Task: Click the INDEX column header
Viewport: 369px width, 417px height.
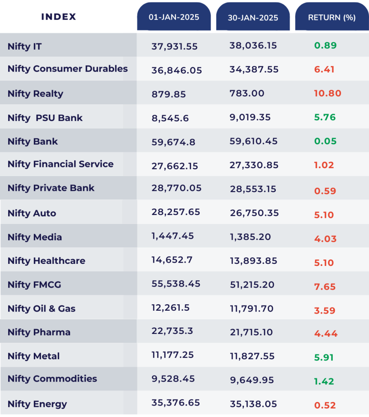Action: [x=59, y=17]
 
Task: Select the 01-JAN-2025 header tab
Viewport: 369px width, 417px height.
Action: [x=174, y=17]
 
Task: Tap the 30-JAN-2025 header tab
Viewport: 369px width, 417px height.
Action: [x=253, y=18]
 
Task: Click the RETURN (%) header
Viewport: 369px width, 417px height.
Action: [x=332, y=18]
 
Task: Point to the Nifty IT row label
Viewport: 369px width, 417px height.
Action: [x=24, y=46]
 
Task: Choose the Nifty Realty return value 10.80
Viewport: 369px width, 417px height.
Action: [x=327, y=93]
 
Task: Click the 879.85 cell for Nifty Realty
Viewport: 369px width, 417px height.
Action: [x=169, y=94]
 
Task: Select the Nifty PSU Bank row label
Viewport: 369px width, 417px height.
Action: [x=45, y=118]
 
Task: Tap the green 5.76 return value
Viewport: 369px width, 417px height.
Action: [x=325, y=117]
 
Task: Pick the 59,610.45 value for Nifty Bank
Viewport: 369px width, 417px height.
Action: [x=253, y=141]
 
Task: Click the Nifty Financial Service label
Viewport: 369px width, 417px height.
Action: [x=60, y=164]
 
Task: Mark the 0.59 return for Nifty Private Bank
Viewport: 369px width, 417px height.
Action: [x=325, y=191]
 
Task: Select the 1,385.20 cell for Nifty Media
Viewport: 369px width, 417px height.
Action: [x=250, y=237]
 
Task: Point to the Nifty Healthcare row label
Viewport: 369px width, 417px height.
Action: [x=46, y=261]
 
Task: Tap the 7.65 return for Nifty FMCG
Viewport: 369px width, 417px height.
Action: [x=325, y=287]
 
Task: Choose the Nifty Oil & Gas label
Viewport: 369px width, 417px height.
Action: [x=41, y=309]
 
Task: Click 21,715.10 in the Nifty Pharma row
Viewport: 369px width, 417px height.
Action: [x=251, y=332]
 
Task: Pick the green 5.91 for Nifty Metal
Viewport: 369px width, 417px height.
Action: [x=324, y=358]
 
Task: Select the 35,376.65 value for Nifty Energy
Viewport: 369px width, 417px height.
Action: [x=176, y=403]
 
